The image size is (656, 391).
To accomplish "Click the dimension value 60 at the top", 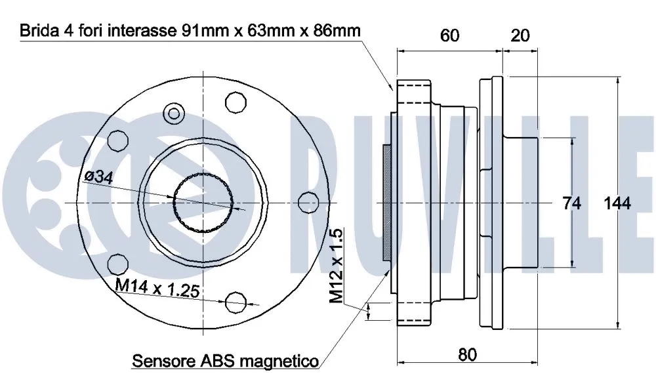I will pyautogui.click(x=449, y=35).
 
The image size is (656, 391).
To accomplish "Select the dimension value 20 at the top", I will pyautogui.click(x=520, y=35).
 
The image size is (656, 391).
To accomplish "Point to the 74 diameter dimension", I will pyautogui.click(x=572, y=203).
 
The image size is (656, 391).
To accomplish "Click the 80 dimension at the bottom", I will pyautogui.click(x=466, y=355).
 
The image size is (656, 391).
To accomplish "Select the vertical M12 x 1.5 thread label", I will pyautogui.click(x=337, y=265).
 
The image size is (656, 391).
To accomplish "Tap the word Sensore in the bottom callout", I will pyautogui.click(x=161, y=361).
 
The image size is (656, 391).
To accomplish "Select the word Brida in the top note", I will pyautogui.click(x=37, y=31).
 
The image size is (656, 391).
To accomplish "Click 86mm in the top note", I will pyautogui.click(x=336, y=31).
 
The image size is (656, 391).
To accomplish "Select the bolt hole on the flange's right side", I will pyautogui.click(x=304, y=202).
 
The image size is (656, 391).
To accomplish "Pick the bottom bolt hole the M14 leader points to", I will pyautogui.click(x=234, y=301).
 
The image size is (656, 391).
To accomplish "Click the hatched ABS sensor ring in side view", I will pyautogui.click(x=387, y=201).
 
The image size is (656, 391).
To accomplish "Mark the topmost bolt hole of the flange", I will pyautogui.click(x=234, y=102).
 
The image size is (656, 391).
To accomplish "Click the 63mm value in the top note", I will pyautogui.click(x=269, y=31).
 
